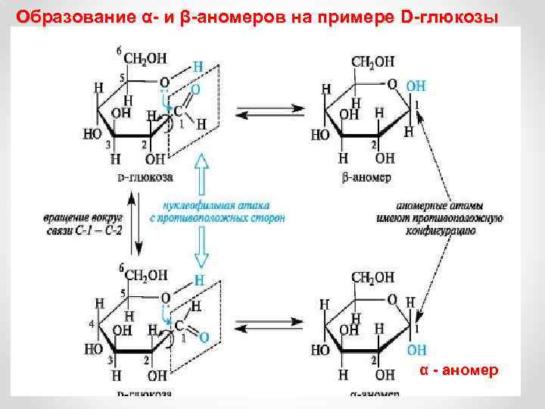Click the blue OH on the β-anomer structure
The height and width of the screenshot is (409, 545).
[x=415, y=86]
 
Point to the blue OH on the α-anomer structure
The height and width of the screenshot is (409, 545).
[x=416, y=350]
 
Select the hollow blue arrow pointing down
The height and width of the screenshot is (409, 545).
[x=201, y=245]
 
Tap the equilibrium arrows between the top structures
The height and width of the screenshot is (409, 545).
[x=269, y=111]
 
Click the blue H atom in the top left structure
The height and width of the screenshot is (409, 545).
[x=198, y=67]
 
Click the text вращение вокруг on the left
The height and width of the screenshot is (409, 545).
[x=83, y=217]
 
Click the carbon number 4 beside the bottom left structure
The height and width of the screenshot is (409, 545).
[x=91, y=324]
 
